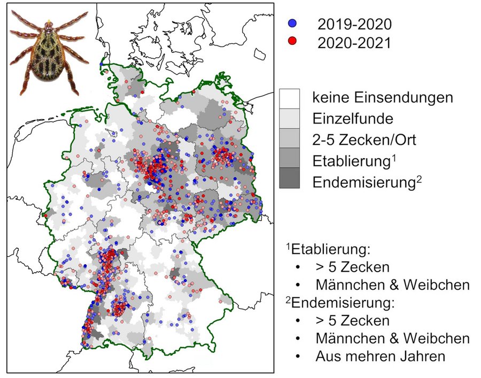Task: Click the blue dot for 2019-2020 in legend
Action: pos(291,24)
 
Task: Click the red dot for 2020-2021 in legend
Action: pos(291,42)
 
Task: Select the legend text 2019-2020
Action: pos(354,24)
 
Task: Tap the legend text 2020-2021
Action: pos(354,42)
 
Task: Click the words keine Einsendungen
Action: pos(383,98)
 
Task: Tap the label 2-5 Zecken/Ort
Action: pos(364,140)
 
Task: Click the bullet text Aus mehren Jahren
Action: pos(380,356)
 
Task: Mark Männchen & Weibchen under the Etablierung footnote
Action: pos(392,284)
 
